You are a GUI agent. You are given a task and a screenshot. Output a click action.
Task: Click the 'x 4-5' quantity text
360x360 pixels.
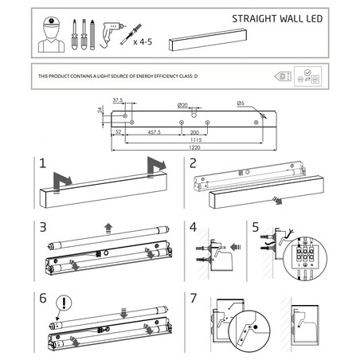click(143, 40)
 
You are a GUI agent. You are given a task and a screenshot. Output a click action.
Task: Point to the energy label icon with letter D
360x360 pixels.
click(283, 76)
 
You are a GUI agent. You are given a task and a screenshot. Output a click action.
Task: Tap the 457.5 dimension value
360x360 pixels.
click(153, 132)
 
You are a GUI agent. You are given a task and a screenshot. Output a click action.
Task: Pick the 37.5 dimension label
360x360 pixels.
click(117, 100)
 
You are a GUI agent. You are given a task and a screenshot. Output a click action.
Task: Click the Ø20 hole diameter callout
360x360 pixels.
click(182, 105)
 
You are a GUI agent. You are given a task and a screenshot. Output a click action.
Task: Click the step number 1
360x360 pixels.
click(42, 164)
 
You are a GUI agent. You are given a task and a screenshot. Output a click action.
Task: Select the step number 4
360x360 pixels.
click(193, 226)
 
